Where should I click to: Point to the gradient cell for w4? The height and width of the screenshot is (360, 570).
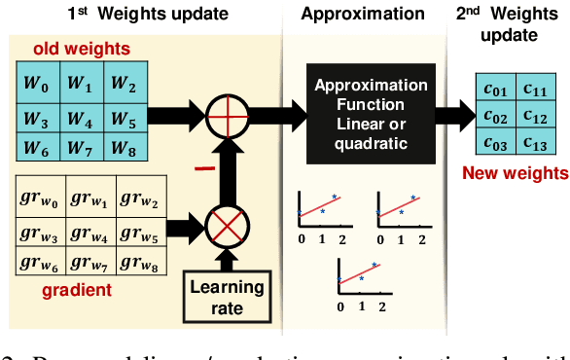click(x=89, y=232)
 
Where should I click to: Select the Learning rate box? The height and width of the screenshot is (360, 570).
click(x=227, y=298)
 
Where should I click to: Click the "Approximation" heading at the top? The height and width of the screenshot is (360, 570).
click(x=363, y=14)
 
